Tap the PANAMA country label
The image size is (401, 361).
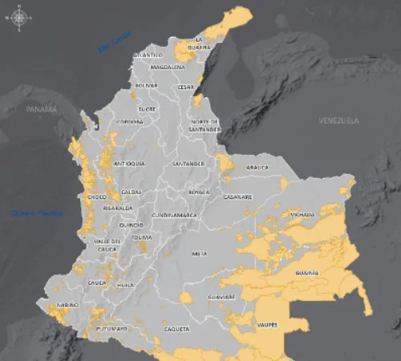(42, 109)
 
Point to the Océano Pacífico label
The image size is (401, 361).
(30, 213)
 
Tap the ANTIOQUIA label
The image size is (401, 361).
(130, 163)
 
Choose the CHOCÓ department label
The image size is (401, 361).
(96, 197)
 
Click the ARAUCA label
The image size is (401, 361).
(257, 168)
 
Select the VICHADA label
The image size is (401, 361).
(302, 215)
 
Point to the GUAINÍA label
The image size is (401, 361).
(307, 273)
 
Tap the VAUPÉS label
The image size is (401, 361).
(268, 324)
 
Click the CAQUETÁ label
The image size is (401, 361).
(176, 329)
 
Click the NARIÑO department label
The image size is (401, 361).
(67, 305)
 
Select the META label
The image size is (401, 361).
(200, 254)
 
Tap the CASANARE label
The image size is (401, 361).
(238, 197)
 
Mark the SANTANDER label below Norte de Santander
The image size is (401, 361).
(188, 164)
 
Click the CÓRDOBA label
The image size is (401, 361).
(129, 122)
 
